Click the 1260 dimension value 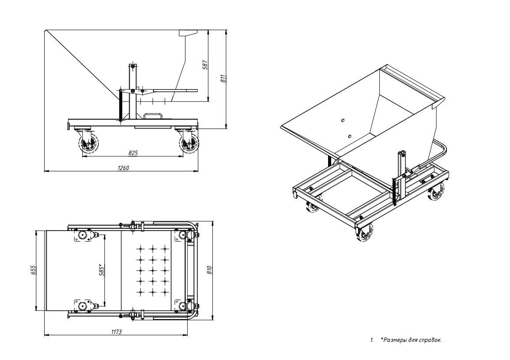[123, 168]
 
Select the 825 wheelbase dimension [133, 153]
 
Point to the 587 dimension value [205, 65]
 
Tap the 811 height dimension [223, 79]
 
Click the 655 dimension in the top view [33, 270]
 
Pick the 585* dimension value [102, 270]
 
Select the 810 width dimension [209, 270]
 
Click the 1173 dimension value [117, 332]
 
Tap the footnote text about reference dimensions [411, 340]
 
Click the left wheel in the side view [88, 143]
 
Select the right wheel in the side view [189, 143]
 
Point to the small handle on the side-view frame [153, 116]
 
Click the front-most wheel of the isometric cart [365, 232]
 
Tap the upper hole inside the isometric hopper [343, 121]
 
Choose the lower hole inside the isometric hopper [350, 136]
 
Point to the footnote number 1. [372, 340]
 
